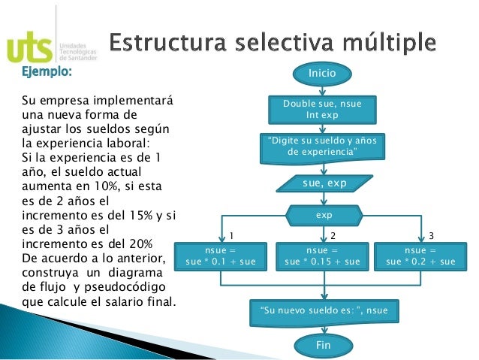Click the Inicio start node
coord(323,73)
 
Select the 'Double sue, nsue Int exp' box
coord(323,110)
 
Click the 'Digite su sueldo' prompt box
coord(323,147)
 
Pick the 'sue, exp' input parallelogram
coord(324,182)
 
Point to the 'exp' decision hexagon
coord(324,215)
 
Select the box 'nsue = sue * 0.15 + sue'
coord(323,256)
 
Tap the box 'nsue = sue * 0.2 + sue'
coord(420,256)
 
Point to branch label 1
coord(231,235)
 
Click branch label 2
coord(333,235)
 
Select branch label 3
coord(431,235)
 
